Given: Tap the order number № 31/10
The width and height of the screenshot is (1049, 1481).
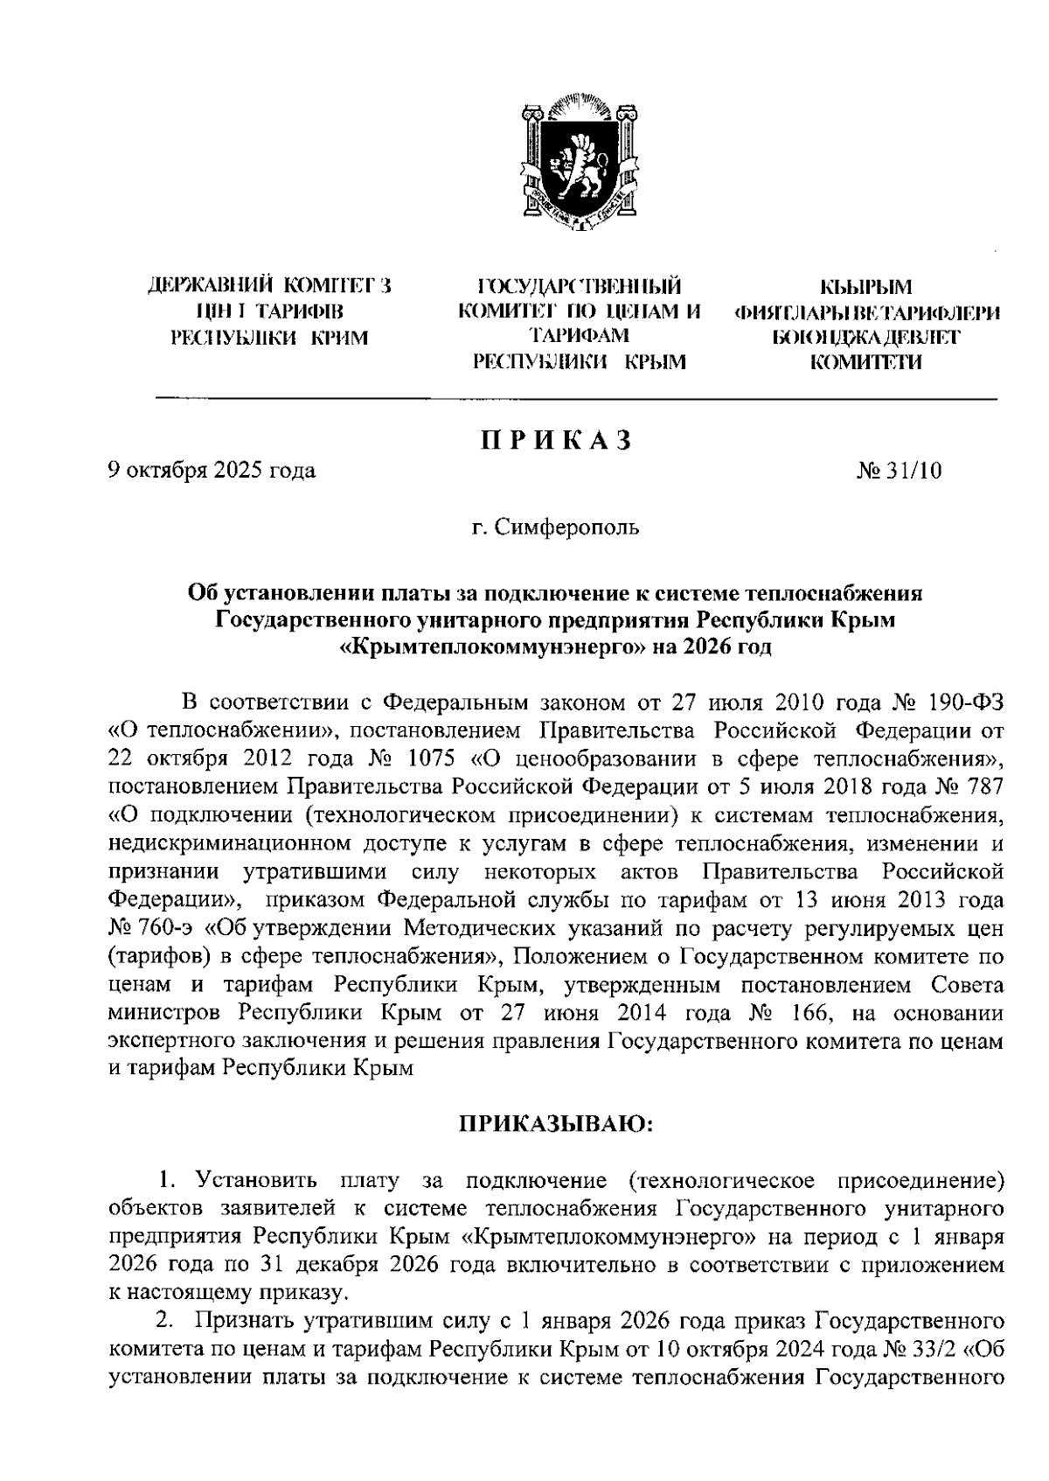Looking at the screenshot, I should tap(900, 472).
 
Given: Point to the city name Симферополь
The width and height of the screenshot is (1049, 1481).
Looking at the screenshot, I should tap(566, 528).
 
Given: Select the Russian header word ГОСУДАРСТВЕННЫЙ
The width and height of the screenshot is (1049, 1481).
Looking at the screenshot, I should tap(578, 286).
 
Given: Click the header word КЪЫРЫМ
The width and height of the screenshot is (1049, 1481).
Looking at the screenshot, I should tap(865, 286).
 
